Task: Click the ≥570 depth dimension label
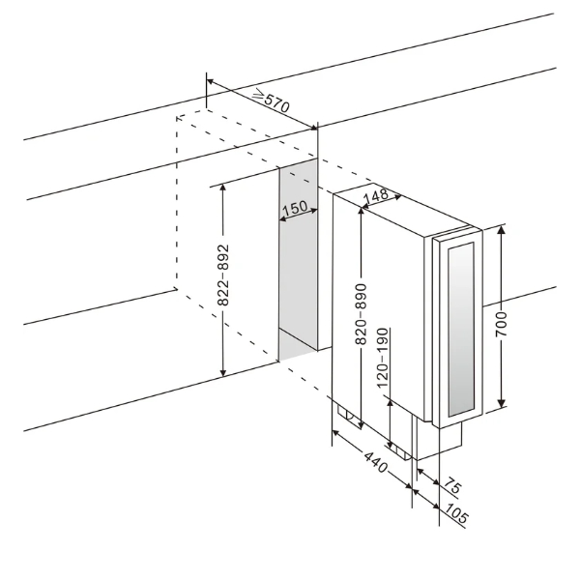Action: pyautogui.click(x=271, y=101)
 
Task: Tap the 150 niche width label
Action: pyautogui.click(x=295, y=208)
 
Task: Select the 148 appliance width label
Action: pyautogui.click(x=376, y=196)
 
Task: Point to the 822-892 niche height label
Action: pyautogui.click(x=222, y=275)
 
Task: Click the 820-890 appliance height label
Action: pyautogui.click(x=361, y=314)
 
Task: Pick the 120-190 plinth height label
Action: pyautogui.click(x=383, y=358)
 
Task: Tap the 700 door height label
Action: pyautogui.click(x=502, y=324)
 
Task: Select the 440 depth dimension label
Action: pyautogui.click(x=376, y=462)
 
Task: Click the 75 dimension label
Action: pyautogui.click(x=452, y=485)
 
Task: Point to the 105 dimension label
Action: pyautogui.click(x=456, y=513)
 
